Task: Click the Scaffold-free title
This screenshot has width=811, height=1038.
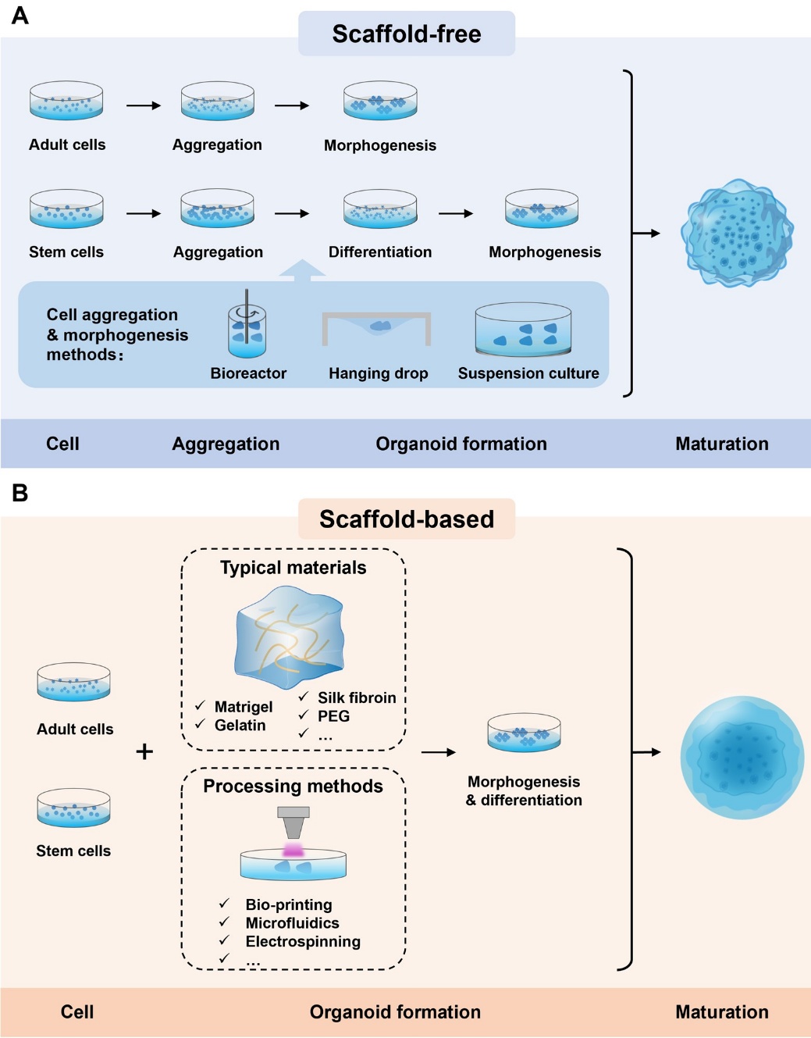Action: [407, 34]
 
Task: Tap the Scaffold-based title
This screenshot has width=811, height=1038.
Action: [407, 519]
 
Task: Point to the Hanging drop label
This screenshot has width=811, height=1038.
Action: [378, 373]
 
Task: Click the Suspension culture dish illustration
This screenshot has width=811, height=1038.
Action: [523, 330]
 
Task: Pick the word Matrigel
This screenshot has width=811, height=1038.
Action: [244, 707]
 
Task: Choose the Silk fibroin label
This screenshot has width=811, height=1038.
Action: [357, 697]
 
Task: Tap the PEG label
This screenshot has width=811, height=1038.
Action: [333, 716]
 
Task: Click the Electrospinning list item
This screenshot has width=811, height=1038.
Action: [303, 942]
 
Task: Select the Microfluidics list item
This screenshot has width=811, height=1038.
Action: [292, 923]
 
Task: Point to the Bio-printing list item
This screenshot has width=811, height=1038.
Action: [289, 904]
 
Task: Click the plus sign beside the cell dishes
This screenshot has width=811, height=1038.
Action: [144, 752]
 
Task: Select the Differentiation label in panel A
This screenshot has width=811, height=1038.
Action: [380, 252]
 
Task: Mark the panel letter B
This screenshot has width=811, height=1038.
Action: [20, 494]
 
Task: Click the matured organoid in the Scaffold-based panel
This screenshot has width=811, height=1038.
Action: [742, 757]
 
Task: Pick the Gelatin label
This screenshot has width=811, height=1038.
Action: [240, 726]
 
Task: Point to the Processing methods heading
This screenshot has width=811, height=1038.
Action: [293, 787]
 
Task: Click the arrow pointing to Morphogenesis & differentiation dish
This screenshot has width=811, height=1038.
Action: [439, 752]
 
